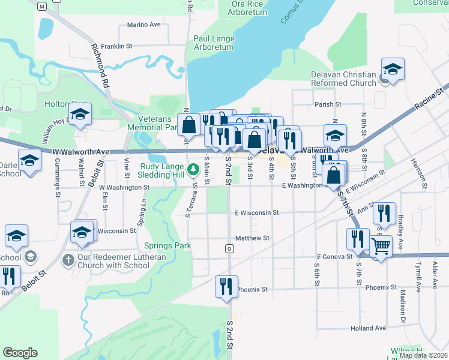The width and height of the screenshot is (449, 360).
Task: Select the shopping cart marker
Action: pyautogui.click(x=381, y=245)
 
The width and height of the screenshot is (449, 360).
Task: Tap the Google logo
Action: pyautogui.click(x=20, y=353)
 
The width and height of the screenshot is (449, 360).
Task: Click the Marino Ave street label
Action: pyautogui.click(x=144, y=25)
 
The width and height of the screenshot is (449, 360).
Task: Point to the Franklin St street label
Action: pyautogui.click(x=116, y=46)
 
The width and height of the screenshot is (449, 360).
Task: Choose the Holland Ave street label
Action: pyautogui.click(x=369, y=328)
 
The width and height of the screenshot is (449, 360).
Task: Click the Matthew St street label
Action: pyautogui.click(x=252, y=238)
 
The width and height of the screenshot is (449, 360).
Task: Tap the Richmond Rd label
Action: pyautogui.click(x=100, y=66)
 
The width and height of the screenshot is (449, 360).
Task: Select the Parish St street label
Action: pyautogui.click(x=328, y=104)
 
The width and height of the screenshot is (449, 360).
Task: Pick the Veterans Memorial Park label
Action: pyautogui.click(x=154, y=123)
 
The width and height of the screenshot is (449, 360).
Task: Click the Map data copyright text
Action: pyautogui.click(x=423, y=355)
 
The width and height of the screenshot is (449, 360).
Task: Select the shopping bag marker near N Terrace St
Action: pyautogui.click(x=188, y=125)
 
